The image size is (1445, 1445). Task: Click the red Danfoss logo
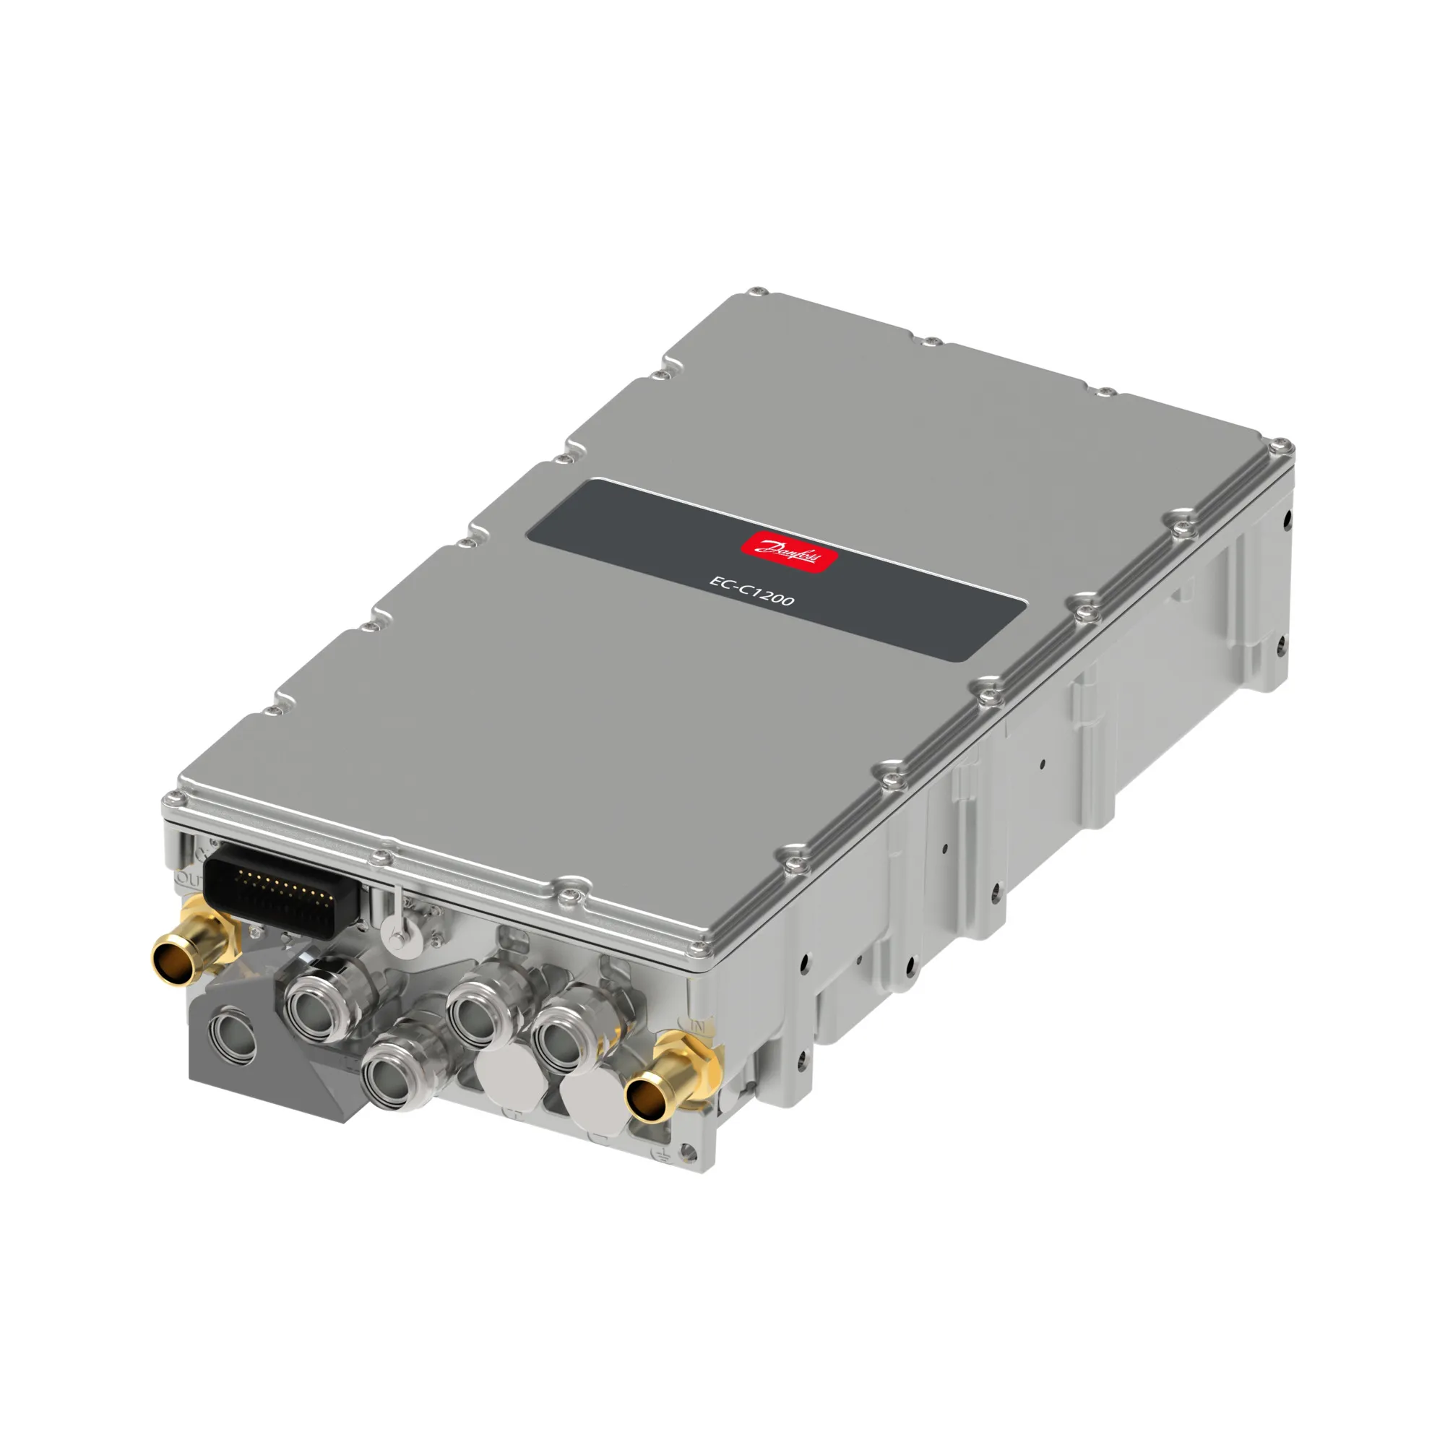coord(788,552)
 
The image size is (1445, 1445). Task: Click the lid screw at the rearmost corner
coord(759,290)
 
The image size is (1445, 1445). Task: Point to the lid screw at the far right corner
coord(1283,447)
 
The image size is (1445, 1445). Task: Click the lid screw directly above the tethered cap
coord(385,855)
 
